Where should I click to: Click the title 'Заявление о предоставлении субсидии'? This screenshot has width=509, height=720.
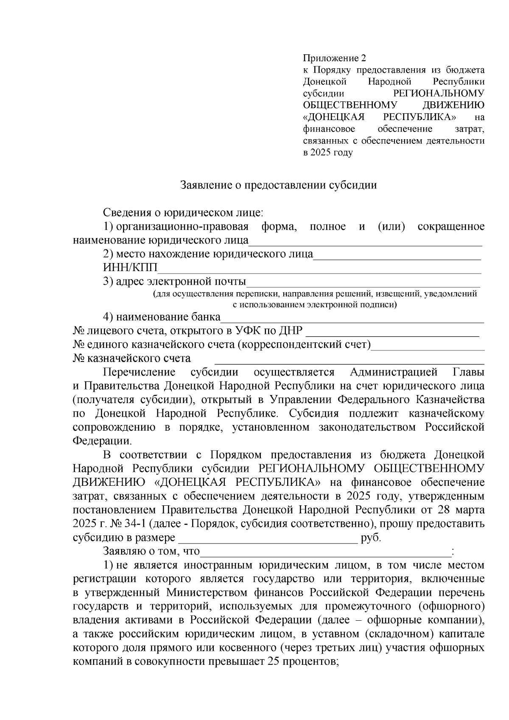[279, 185]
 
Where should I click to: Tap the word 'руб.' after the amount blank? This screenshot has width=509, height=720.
[371, 538]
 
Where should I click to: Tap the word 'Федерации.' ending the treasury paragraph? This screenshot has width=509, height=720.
[102, 441]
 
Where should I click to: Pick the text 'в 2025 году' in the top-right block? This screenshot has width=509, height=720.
[328, 153]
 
